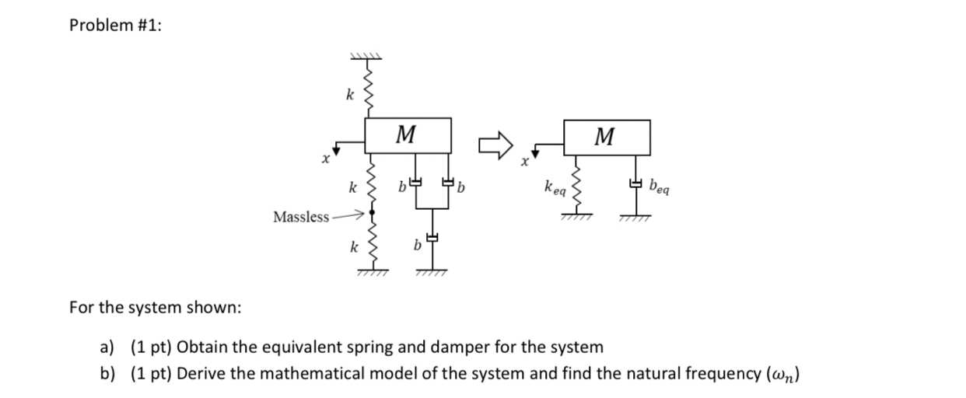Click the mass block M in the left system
[409, 136]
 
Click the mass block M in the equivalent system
[607, 138]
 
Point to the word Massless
[300, 217]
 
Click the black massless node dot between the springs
[372, 211]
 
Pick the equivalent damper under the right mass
[636, 184]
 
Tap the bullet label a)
[107, 347]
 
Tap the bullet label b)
[107, 375]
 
